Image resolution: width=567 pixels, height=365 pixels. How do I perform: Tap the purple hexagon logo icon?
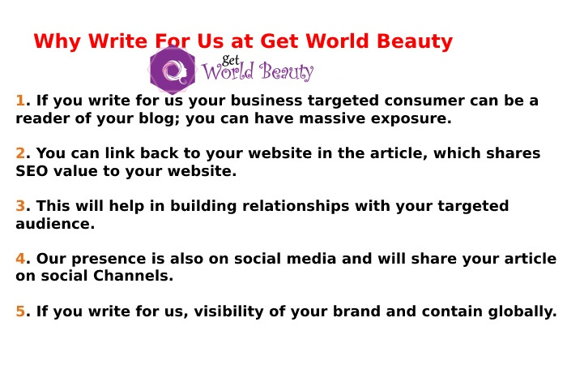pos(172,71)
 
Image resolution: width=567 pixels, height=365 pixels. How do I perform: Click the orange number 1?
pos(20,101)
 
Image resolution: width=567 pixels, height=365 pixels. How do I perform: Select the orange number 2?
pos(20,153)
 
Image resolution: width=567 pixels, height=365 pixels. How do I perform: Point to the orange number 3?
pos(20,206)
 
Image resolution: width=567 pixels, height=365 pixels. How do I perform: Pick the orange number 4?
pos(20,259)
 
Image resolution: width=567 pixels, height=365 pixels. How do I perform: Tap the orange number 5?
pos(20,311)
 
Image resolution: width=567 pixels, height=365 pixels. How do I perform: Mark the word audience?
pos(55,224)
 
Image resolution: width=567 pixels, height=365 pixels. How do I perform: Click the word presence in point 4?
pos(103,259)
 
